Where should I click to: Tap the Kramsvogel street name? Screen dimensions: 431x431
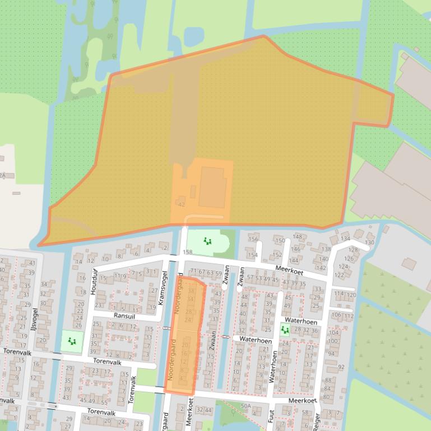164,288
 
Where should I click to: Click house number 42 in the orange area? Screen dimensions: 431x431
181,204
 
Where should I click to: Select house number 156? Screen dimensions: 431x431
253,239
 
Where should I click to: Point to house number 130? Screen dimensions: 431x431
369,242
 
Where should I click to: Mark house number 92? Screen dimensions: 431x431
341,367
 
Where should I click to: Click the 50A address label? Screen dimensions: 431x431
245,405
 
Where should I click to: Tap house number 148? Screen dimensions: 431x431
297,237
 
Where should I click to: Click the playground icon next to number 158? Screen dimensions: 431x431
207,241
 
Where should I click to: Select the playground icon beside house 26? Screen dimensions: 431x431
71,340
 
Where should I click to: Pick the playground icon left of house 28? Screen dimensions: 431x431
285,330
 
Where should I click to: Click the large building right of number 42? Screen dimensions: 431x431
212,186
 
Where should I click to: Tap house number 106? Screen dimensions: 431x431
336,315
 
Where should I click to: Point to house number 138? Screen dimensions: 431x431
326,249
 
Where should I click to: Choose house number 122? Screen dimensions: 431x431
339,275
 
